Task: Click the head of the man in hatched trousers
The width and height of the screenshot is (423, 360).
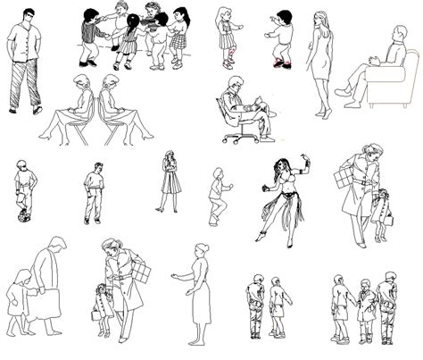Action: (x=29, y=16)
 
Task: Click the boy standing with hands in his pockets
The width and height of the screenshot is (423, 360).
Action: (x=93, y=195)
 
